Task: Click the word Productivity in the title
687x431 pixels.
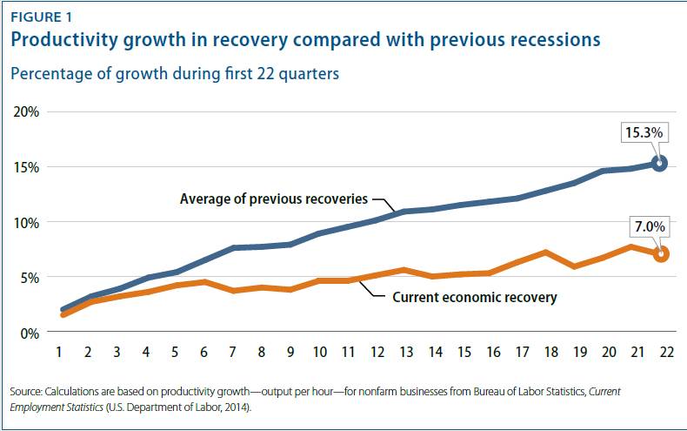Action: coord(65,40)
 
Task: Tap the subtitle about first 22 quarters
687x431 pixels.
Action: coord(174,74)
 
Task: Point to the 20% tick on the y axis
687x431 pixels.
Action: coord(26,111)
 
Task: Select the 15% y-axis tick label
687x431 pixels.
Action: coord(26,167)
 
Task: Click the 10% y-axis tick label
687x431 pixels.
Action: coord(26,222)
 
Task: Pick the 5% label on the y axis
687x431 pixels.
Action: coord(29,278)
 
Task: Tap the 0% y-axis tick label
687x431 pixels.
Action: coord(29,333)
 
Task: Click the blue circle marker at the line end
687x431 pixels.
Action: coord(659,163)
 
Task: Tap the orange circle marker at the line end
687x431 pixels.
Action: coord(660,254)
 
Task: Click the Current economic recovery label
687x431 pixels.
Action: coord(474,297)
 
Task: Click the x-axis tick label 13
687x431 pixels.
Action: coord(404,355)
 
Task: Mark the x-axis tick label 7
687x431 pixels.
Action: coord(234,355)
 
